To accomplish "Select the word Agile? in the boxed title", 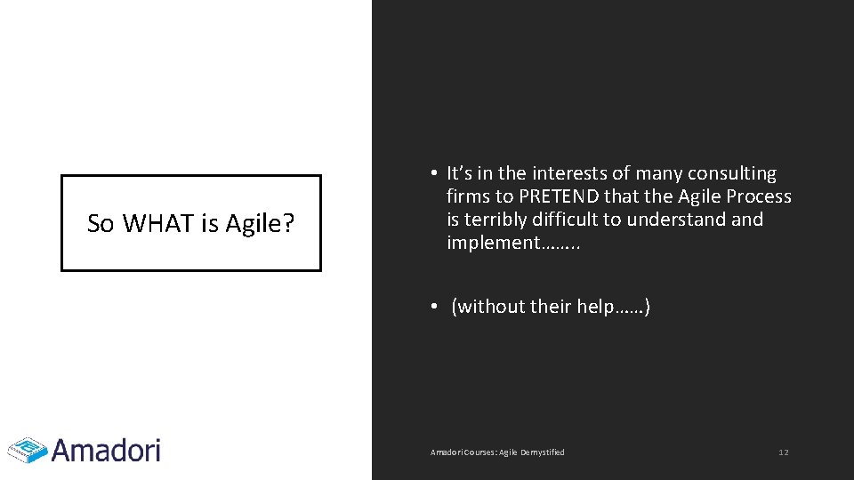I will tap(260, 225).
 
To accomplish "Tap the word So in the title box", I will tap(101, 224).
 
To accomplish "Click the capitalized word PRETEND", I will tap(560, 196).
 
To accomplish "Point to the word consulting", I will tap(732, 173).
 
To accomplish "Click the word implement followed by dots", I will tap(493, 243).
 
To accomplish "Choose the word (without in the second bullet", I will tap(488, 307).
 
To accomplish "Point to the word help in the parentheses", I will tap(594, 307).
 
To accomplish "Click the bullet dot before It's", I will tap(430, 173).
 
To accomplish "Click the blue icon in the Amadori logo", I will tap(27, 450).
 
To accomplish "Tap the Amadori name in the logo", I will tap(106, 450).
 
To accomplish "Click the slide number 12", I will tap(783, 452).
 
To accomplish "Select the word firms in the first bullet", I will tap(468, 196).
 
